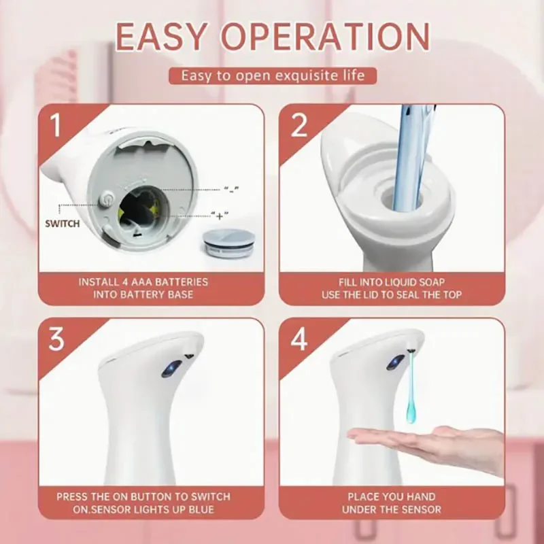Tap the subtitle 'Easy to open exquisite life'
(272, 75)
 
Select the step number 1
(54, 126)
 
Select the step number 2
(299, 126)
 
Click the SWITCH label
(63, 223)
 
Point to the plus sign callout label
(219, 216)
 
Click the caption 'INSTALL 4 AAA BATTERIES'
(143, 282)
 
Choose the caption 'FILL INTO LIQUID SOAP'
(392, 282)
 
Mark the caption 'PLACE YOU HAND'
(392, 496)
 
